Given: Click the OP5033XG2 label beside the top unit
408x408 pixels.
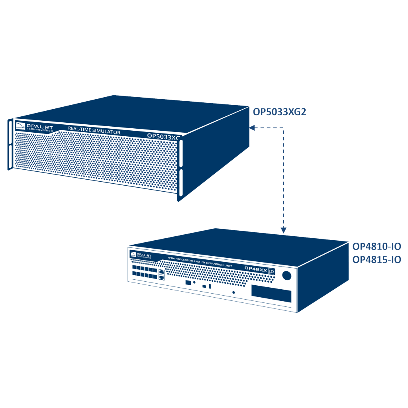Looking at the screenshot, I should tap(279, 112).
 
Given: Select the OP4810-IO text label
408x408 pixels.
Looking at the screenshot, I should tap(377, 247).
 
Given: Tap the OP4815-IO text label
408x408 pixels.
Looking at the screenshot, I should tap(377, 260).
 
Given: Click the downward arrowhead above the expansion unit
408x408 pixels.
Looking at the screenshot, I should tap(283, 230).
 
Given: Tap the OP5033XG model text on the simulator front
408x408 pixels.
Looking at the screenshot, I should tap(163, 136).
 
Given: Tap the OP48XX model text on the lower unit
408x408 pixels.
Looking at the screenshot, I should tap(255, 269).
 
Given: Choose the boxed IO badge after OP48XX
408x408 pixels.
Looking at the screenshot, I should tap(271, 271).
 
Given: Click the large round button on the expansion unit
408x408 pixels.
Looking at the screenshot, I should tap(286, 275).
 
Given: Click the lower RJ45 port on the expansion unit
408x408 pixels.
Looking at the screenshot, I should tap(161, 277).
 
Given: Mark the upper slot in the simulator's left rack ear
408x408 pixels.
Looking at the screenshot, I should tap(10, 133).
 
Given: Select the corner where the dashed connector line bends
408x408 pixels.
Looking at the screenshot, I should tap(283, 128).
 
